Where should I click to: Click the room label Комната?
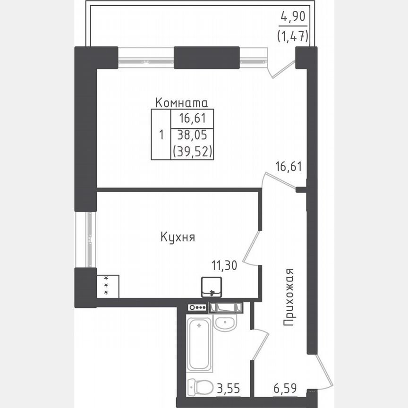click(x=182, y=102)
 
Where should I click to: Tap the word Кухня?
click(x=178, y=238)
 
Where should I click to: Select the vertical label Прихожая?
click(x=289, y=297)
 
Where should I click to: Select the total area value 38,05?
click(x=192, y=136)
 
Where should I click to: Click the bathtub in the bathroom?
click(x=200, y=345)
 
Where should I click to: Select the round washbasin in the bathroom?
click(x=225, y=324)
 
